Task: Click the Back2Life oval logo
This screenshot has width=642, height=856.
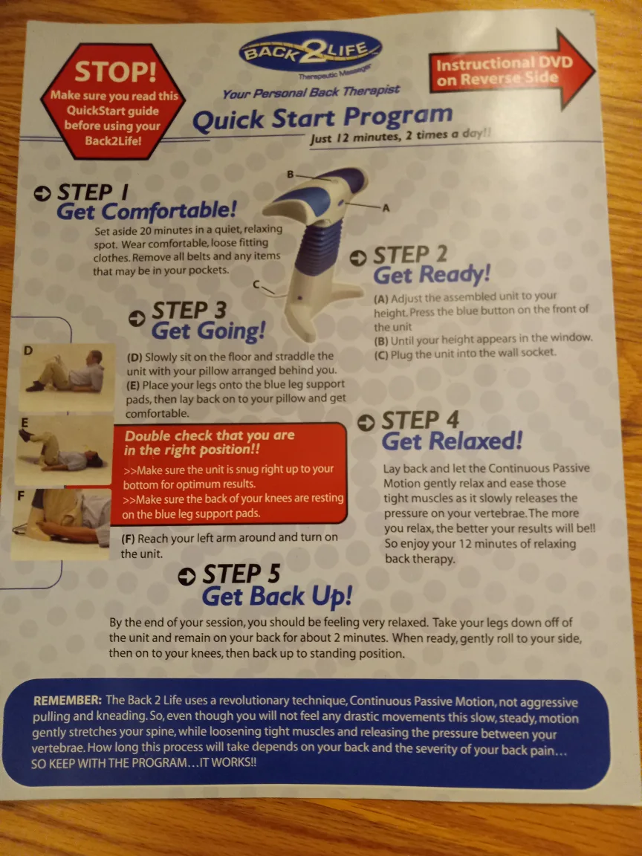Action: (x=310, y=52)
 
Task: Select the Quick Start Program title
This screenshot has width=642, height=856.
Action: (x=322, y=118)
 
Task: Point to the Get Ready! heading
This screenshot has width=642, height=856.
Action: (x=431, y=275)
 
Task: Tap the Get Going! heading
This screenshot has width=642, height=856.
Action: (x=208, y=330)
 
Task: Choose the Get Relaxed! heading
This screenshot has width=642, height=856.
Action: (x=452, y=441)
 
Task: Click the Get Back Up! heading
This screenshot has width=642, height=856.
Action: (x=277, y=596)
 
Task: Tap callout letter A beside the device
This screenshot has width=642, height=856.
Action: (x=386, y=208)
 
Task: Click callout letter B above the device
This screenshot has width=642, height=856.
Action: (x=291, y=174)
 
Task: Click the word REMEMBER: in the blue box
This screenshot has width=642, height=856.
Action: (x=68, y=701)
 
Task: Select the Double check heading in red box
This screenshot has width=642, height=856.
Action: (x=210, y=443)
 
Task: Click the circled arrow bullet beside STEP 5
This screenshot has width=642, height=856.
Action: (x=189, y=576)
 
